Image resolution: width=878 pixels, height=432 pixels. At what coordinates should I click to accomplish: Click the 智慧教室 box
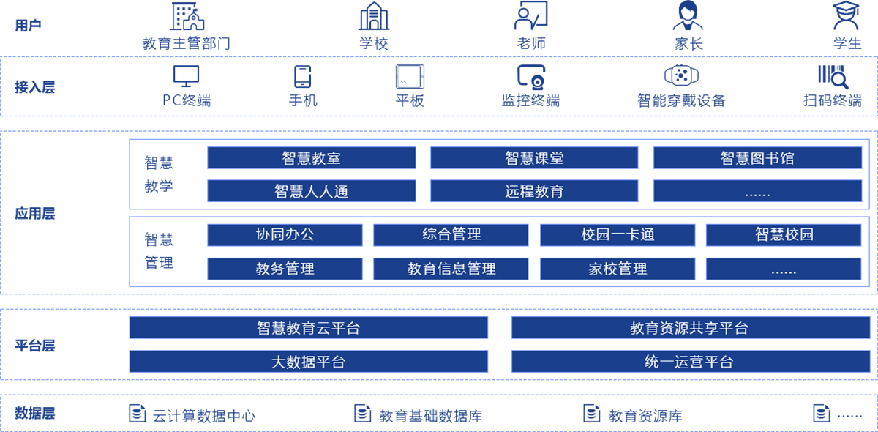(311, 158)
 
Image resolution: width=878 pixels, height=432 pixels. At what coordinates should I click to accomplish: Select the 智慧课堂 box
(534, 158)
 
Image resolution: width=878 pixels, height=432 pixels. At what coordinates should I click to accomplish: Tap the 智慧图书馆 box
(757, 158)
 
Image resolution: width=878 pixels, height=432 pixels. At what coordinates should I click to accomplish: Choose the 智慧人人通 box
(311, 191)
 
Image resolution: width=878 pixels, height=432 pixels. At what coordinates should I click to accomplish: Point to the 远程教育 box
(534, 191)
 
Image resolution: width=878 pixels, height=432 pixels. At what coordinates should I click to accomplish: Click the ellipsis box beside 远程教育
(757, 191)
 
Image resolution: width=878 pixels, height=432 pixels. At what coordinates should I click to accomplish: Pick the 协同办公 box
(285, 235)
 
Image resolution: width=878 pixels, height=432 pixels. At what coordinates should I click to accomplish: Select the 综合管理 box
(451, 235)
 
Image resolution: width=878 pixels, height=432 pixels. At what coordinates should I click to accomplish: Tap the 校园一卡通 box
(618, 235)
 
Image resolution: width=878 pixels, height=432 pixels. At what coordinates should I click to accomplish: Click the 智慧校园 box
(784, 235)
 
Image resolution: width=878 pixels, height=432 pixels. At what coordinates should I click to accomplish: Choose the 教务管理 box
(285, 269)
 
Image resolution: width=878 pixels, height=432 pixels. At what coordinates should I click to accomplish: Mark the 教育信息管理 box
(451, 269)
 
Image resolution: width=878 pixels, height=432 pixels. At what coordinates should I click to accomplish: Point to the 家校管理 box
(618, 269)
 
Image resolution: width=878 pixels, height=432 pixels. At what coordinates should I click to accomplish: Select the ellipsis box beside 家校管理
(784, 269)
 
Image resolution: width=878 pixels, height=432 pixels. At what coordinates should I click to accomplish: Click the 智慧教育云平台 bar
(308, 328)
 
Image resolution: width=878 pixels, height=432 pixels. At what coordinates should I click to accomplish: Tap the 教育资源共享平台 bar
(690, 328)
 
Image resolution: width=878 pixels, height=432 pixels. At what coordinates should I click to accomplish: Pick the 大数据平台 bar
(308, 362)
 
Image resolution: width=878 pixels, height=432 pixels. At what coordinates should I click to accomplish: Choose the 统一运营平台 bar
(690, 362)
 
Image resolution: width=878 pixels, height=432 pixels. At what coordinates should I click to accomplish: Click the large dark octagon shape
(50, 213)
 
